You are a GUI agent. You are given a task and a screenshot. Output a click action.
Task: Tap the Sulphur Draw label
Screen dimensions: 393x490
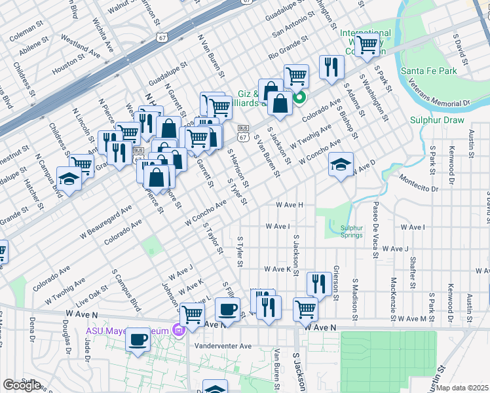[437, 120]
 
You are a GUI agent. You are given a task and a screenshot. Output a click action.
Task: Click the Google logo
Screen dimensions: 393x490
[21, 385]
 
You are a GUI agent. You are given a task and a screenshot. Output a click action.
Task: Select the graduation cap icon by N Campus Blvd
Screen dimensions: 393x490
[69, 178]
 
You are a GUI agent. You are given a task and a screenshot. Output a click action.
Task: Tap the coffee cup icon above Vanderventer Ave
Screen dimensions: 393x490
[227, 309]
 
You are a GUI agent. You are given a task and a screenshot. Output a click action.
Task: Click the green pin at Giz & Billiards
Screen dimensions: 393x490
[300, 100]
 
